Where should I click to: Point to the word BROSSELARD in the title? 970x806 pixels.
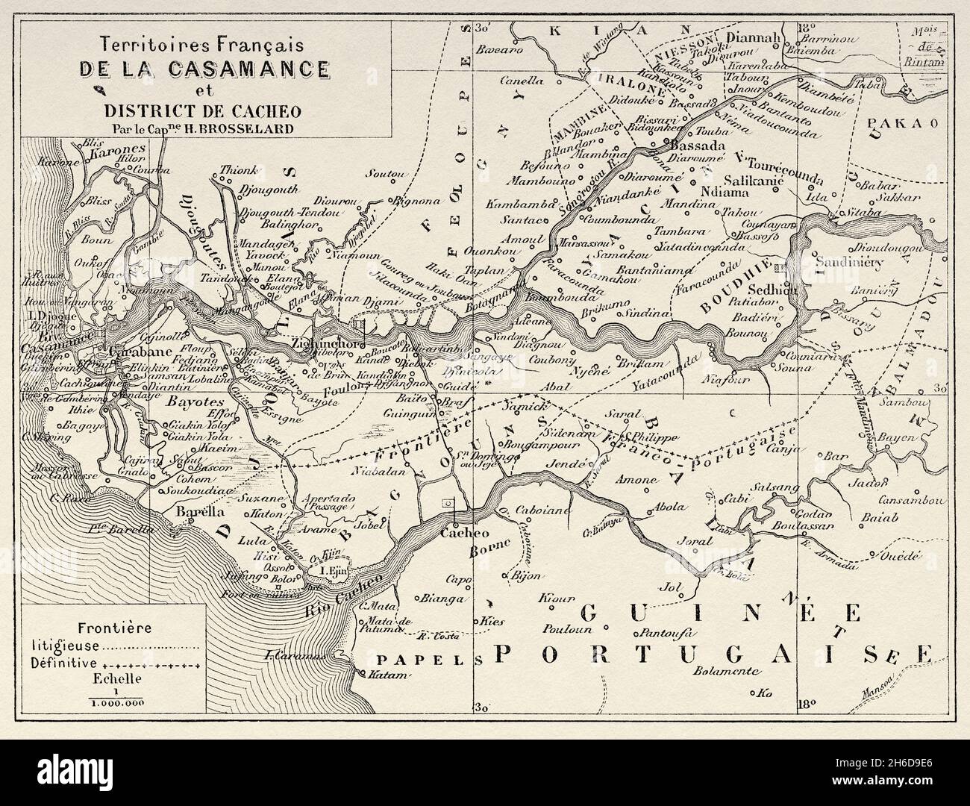point(238,127)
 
